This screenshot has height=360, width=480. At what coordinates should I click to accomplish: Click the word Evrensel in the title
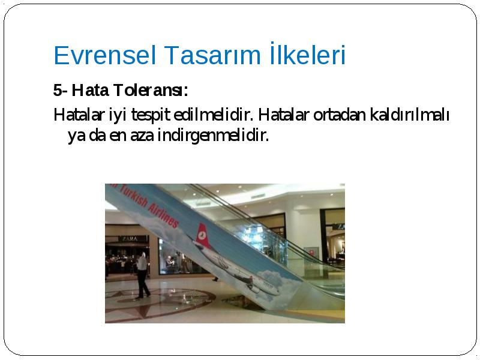(104, 55)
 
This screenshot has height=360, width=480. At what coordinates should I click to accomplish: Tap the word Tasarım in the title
(212, 55)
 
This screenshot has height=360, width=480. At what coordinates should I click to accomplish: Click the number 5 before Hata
(57, 91)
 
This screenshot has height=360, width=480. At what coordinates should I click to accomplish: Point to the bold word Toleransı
(151, 91)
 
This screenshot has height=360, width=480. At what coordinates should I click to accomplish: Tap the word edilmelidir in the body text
(213, 115)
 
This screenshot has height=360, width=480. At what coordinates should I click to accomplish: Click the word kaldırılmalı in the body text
(410, 115)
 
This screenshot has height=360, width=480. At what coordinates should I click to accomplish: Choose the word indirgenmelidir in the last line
(213, 136)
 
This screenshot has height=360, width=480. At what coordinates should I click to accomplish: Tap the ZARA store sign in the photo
(130, 238)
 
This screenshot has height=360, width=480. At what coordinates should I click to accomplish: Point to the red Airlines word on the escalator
(163, 214)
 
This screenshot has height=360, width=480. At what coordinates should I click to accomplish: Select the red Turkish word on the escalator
(132, 196)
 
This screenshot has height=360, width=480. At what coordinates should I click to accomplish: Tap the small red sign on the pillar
(311, 253)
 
